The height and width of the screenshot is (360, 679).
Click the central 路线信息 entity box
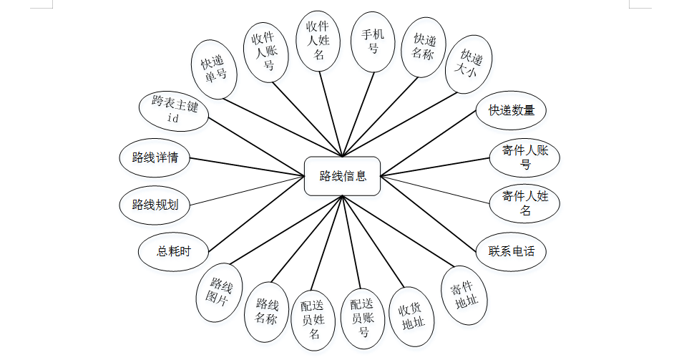[343, 176]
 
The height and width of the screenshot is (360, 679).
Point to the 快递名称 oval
[420, 47]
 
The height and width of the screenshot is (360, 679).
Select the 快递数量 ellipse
[511, 110]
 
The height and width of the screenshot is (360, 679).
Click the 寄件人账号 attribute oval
[526, 157]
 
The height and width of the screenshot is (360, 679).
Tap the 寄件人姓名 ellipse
[525, 203]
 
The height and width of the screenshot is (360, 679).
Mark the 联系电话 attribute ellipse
[511, 251]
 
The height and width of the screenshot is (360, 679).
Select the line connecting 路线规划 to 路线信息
[247, 190]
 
